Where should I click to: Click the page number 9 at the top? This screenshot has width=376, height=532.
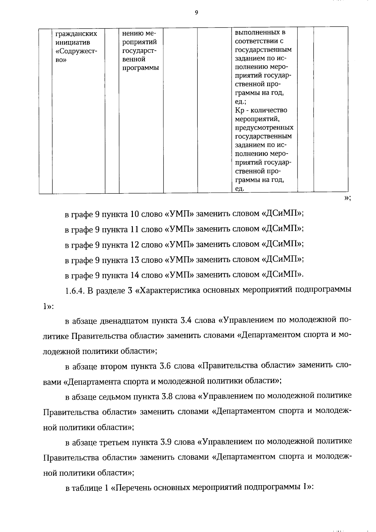point(196,13)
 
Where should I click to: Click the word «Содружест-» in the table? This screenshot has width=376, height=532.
point(76,51)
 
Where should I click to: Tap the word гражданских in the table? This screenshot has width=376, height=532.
point(76,34)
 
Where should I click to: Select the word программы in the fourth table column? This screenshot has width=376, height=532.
point(140,68)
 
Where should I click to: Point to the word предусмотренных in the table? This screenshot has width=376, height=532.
point(264,128)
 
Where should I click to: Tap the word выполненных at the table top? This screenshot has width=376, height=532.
point(260,33)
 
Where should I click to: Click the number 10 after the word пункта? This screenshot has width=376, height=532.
point(134,214)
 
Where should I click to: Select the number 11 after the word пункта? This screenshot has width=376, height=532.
point(134,229)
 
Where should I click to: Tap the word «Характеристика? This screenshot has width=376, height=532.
point(168,291)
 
